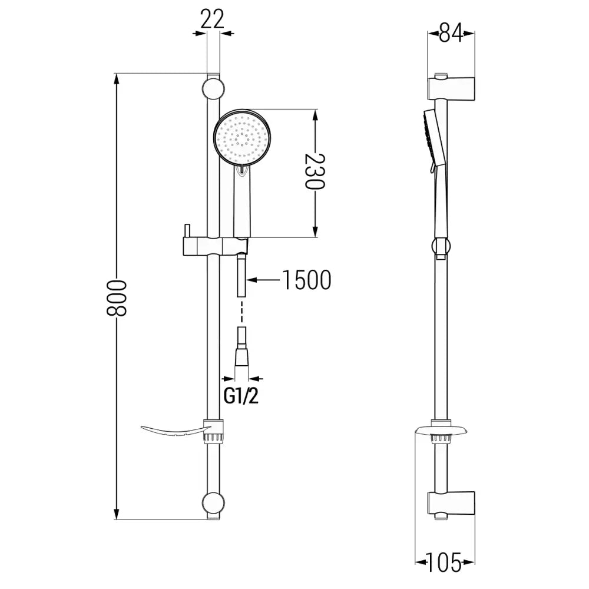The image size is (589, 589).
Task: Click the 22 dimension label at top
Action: (x=213, y=19)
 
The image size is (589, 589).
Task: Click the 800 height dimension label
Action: (x=118, y=297)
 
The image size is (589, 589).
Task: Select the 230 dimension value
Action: (x=315, y=171)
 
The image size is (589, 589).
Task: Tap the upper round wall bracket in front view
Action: (x=213, y=89)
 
